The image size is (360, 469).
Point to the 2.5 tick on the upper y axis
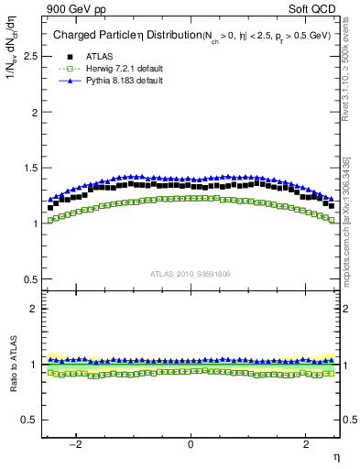tap(29, 56)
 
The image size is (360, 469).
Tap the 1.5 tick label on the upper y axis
tap(29, 168)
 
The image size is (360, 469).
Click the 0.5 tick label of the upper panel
tap(29, 279)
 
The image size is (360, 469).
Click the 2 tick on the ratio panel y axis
tap(34, 309)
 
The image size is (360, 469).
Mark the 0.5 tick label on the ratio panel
tap(29, 420)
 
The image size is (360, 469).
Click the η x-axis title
tap(335, 457)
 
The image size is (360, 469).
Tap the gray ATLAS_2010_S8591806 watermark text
tap(191, 273)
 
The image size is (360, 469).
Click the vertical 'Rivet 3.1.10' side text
tap(346, 73)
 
